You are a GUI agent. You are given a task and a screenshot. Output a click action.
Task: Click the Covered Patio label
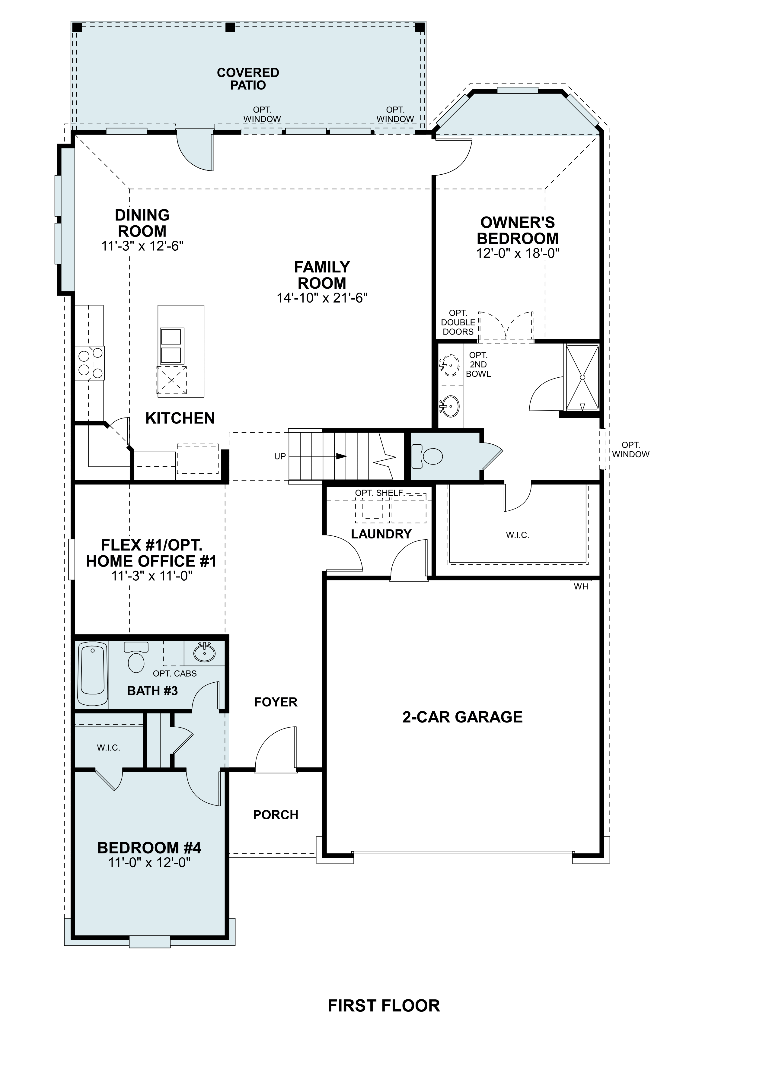(x=248, y=79)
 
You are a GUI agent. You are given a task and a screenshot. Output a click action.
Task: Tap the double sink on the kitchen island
(x=171, y=345)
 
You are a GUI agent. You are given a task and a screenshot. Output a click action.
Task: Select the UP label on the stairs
(x=280, y=456)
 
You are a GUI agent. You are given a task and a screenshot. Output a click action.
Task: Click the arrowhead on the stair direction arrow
(x=341, y=456)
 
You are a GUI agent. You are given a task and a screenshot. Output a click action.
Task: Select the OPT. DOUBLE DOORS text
(x=458, y=322)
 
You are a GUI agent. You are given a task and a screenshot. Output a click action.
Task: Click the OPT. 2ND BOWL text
(x=478, y=364)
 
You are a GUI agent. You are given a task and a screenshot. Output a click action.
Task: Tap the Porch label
(x=276, y=815)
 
